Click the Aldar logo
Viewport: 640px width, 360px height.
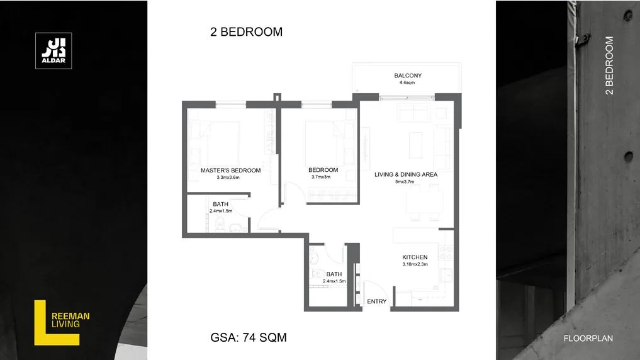tap(53, 50)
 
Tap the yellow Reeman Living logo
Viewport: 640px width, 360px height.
tap(62, 323)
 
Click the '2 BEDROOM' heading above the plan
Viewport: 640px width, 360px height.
tap(246, 32)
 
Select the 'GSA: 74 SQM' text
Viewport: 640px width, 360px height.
tap(249, 337)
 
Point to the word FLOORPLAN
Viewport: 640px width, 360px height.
tap(588, 339)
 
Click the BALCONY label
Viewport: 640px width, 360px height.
tap(408, 76)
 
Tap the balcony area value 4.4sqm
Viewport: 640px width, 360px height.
tap(407, 82)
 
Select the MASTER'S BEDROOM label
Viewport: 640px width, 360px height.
tap(230, 170)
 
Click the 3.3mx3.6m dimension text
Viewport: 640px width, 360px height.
tap(228, 177)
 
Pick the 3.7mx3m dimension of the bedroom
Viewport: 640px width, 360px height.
tap(321, 177)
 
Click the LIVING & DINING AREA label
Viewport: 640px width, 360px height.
tap(406, 174)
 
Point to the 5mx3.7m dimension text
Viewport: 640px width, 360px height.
tap(405, 182)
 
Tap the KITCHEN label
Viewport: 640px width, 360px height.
tap(415, 257)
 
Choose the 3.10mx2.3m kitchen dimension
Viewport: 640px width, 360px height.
tap(415, 264)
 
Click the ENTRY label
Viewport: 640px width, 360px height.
tap(377, 301)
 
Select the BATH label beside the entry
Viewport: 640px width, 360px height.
tap(334, 274)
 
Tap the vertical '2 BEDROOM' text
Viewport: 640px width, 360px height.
tap(609, 65)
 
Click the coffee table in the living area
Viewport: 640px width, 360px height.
tap(415, 145)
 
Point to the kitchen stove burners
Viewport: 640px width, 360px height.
tap(446, 253)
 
